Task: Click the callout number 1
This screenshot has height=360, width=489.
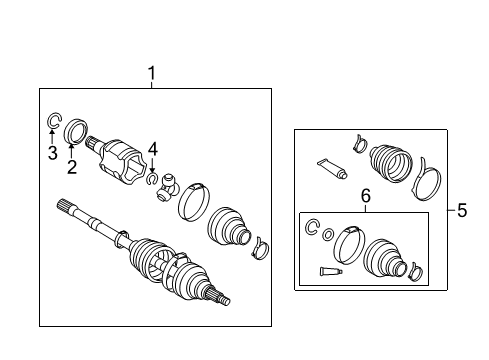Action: coord(152,73)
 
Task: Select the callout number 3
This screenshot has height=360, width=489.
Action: coord(52,153)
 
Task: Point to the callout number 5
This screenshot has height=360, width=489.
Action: coord(461,210)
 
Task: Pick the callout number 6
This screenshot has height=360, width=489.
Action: coord(365,199)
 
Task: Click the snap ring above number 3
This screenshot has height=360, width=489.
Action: coord(53,123)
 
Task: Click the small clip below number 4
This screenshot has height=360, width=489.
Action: coord(150,180)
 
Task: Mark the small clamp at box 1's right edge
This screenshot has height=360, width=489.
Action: coord(261,244)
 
